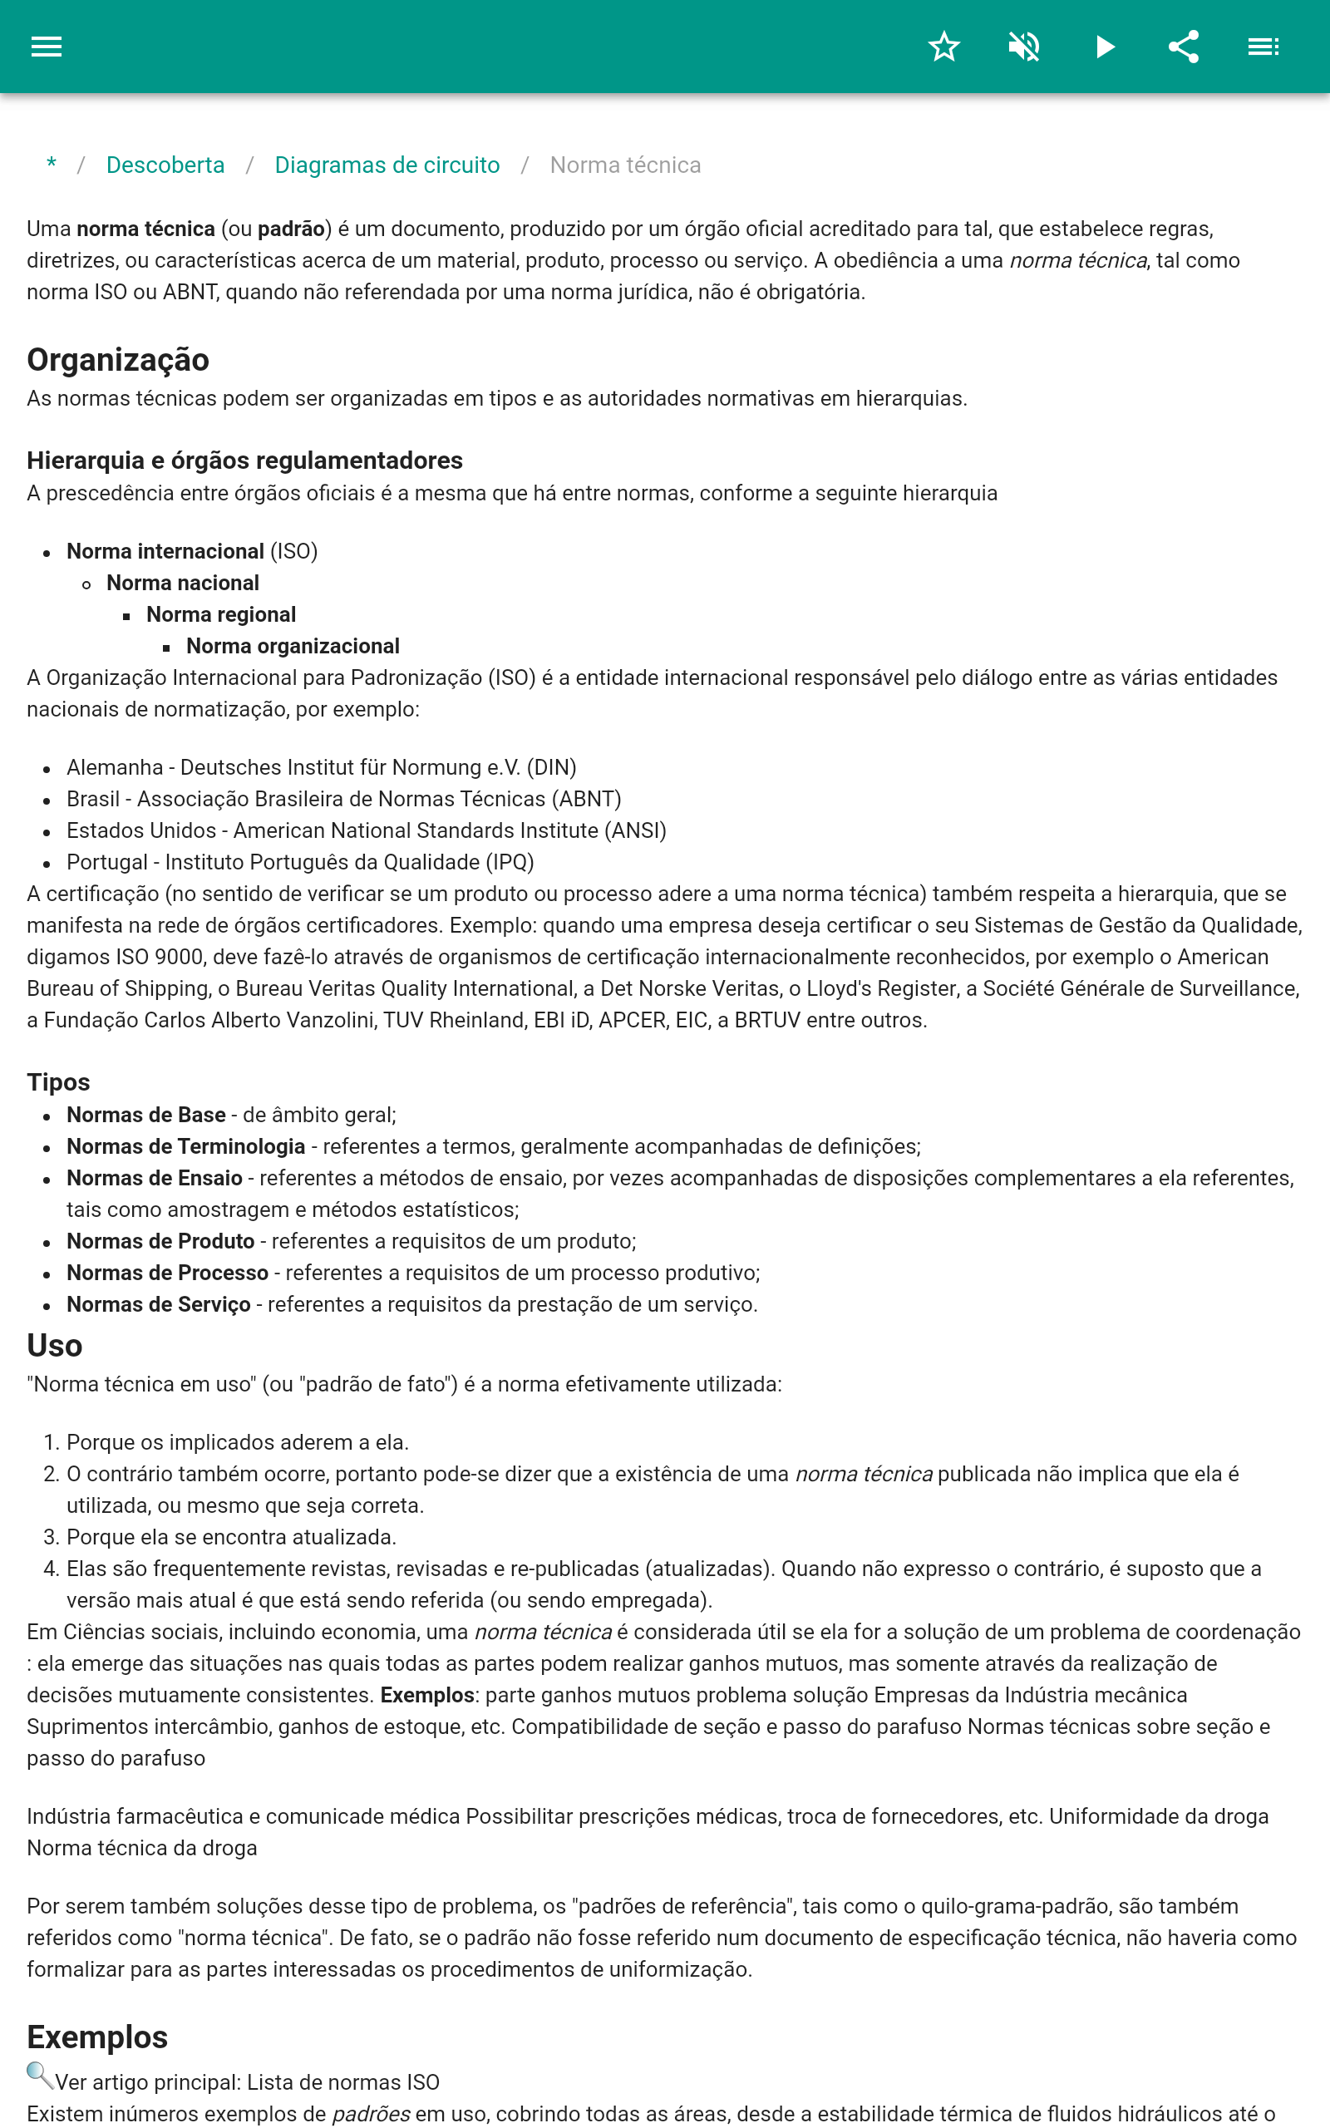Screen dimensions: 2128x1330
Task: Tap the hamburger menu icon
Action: [x=47, y=47]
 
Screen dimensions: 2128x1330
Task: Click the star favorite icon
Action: [x=943, y=47]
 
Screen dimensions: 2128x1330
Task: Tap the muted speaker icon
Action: [x=1024, y=47]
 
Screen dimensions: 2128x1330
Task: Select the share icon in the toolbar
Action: [x=1184, y=47]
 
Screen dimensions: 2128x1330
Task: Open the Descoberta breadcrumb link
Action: [x=165, y=165]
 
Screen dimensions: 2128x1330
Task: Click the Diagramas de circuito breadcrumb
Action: [x=387, y=165]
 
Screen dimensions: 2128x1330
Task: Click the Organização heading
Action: [x=118, y=360]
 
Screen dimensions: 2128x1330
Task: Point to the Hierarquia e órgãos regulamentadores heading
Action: [x=244, y=460]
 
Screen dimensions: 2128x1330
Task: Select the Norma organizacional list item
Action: [x=292, y=647]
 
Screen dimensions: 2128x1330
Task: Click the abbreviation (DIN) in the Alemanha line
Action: [x=551, y=768]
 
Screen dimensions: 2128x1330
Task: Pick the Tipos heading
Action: [x=58, y=1082]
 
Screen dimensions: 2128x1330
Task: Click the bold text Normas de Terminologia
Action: [x=185, y=1146]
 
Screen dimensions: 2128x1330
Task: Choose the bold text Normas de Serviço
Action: [x=158, y=1305]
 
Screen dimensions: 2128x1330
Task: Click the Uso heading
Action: [x=55, y=1346]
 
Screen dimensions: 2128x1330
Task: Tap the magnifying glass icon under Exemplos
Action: [x=40, y=2076]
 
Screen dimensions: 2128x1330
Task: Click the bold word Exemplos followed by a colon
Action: [x=426, y=1696]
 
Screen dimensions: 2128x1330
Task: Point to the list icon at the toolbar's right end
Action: [x=1263, y=47]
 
